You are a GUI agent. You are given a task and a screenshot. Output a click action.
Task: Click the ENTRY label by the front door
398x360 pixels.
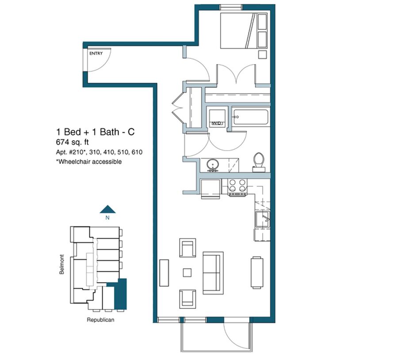(x=96, y=53)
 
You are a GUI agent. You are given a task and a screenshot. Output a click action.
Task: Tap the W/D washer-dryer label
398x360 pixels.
(x=217, y=124)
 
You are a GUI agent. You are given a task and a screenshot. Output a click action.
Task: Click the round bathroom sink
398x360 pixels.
(x=212, y=165)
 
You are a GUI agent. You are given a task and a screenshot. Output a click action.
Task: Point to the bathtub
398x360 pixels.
(x=251, y=117)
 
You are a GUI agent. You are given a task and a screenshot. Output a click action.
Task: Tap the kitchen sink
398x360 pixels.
(x=263, y=219)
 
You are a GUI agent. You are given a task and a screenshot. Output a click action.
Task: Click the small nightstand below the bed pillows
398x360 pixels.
(x=262, y=54)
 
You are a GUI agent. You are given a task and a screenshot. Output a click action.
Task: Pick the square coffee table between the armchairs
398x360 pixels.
(x=188, y=273)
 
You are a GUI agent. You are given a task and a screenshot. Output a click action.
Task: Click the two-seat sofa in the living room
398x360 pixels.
(x=213, y=273)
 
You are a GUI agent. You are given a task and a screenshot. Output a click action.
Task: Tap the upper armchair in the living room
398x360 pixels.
(x=188, y=248)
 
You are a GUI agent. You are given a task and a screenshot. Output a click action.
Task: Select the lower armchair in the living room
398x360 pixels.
(x=188, y=299)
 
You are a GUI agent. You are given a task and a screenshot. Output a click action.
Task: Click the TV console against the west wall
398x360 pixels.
(x=164, y=273)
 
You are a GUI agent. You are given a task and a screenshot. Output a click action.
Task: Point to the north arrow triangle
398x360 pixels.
(x=107, y=209)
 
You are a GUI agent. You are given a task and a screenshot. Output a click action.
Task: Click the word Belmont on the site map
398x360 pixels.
(x=61, y=264)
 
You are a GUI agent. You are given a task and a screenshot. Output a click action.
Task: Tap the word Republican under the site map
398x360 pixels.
(x=100, y=320)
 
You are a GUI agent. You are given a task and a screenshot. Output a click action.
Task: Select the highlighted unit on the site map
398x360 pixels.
(x=120, y=294)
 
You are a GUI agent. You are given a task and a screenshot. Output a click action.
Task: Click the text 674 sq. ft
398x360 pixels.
(x=73, y=142)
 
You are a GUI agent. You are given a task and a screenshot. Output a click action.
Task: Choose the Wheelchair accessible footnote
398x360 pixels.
(x=89, y=162)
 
